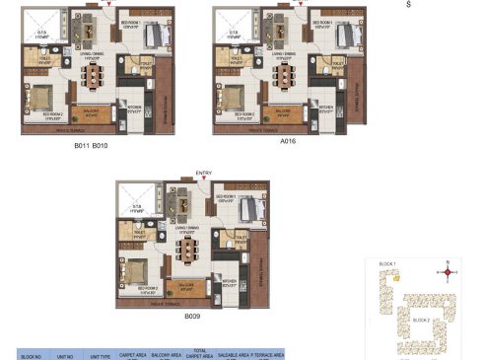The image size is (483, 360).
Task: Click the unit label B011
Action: tap(83, 146)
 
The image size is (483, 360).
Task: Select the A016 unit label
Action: tap(288, 141)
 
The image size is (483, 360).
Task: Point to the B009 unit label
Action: tap(191, 318)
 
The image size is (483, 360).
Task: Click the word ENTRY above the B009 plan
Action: tap(204, 173)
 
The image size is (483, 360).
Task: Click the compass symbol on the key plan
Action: tap(448, 270)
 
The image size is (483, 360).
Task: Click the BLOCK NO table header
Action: tap(32, 355)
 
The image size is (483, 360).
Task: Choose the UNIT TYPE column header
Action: tap(102, 355)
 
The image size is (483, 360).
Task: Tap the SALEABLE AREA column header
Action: tap(232, 353)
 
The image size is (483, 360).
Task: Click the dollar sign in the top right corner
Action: tap(408, 5)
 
